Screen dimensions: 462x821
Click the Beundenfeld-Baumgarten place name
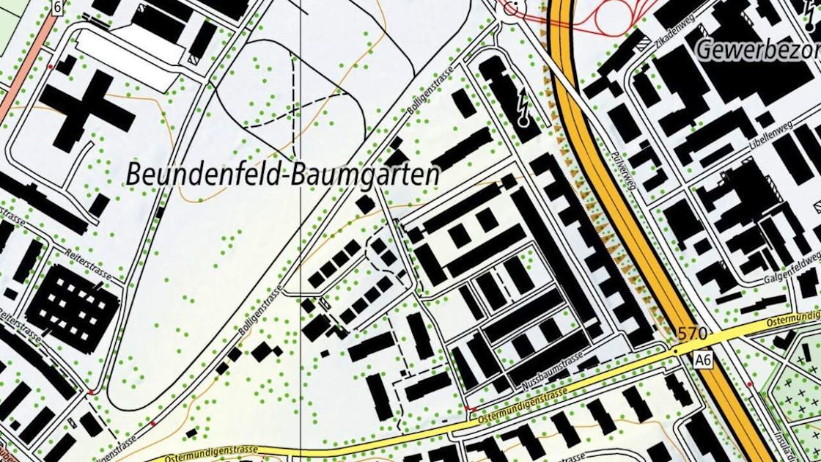pyautogui.click(x=283, y=175)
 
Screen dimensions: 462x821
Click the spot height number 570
pyautogui.click(x=692, y=334)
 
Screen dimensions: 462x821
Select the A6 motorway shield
pyautogui.click(x=704, y=359)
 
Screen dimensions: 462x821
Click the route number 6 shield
pyautogui.click(x=56, y=7)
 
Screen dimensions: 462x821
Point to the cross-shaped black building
pyautogui.click(x=86, y=111)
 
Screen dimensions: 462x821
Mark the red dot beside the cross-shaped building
pyautogui.click(x=50, y=67)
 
